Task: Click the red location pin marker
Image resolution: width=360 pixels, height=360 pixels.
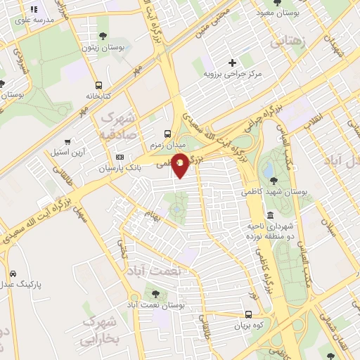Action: [x=181, y=165]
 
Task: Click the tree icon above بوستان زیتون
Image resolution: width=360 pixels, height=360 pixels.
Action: [x=103, y=35]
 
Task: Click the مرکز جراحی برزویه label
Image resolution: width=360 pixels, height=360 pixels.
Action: [x=233, y=73]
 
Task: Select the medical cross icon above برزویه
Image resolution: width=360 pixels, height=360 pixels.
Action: [x=233, y=62]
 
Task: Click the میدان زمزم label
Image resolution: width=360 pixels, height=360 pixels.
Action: [x=167, y=145]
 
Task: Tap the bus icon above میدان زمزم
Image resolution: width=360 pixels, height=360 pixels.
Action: [x=167, y=133]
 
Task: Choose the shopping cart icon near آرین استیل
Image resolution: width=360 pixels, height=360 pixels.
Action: [x=67, y=141]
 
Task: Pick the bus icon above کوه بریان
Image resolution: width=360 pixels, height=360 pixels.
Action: [x=249, y=314]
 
